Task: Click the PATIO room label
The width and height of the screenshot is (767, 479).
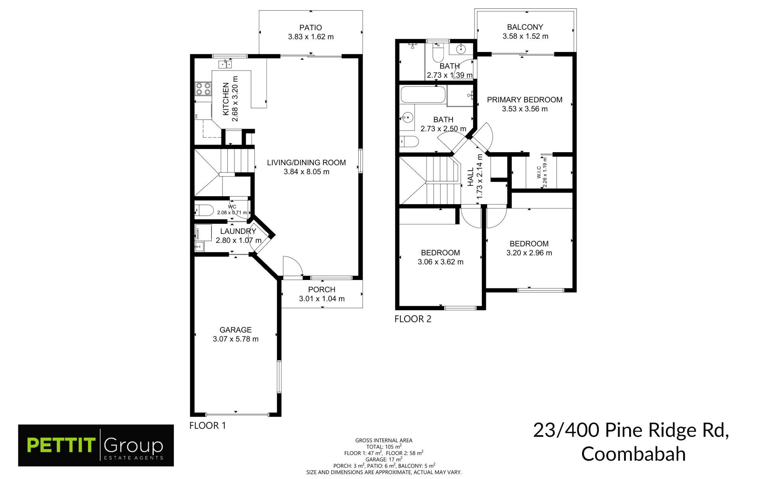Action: (310, 28)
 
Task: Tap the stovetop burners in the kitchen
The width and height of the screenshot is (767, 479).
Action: (203, 89)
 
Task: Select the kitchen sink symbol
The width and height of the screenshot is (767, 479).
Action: (225, 64)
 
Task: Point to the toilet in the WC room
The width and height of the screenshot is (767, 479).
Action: (204, 210)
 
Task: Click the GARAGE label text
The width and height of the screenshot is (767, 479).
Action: (235, 330)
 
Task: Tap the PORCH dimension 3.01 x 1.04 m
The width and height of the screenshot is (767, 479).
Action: (322, 299)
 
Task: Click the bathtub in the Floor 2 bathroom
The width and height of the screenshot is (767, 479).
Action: (423, 95)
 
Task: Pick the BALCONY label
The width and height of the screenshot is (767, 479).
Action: (525, 27)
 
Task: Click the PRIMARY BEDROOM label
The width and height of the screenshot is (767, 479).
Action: (525, 100)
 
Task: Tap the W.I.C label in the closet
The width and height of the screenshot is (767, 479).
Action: (539, 172)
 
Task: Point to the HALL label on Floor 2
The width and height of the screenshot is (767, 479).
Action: (471, 177)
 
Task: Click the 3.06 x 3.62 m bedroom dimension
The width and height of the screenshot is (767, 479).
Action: (441, 262)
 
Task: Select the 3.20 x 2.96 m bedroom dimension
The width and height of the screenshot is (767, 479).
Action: (529, 253)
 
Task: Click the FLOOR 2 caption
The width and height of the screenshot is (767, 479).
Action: (413, 319)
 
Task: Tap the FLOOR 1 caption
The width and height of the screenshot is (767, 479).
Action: (207, 426)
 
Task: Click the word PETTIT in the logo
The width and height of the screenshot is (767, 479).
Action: (61, 445)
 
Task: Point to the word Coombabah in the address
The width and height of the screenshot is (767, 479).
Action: (633, 454)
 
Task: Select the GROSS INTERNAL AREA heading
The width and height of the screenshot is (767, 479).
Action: (383, 441)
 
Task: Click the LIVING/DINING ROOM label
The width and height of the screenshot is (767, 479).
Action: (306, 163)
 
